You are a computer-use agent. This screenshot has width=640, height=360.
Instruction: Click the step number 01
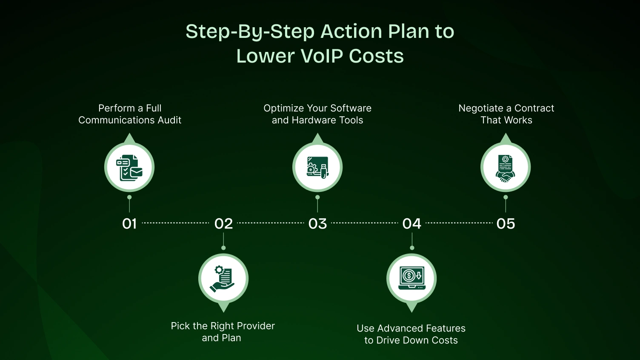(129, 223)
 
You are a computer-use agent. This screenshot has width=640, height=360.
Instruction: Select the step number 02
(223, 223)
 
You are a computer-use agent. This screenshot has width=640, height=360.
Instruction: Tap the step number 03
(317, 223)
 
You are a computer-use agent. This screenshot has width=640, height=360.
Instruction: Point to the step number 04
(411, 223)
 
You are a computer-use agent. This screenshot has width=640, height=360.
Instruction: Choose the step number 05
(506, 223)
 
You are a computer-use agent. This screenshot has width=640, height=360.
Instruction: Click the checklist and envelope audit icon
(129, 167)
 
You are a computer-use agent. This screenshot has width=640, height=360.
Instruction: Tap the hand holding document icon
(223, 279)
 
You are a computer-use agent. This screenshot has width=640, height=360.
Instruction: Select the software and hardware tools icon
(317, 167)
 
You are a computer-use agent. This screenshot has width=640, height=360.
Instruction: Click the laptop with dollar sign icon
(411, 279)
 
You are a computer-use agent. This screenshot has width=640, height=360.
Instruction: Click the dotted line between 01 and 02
(175, 223)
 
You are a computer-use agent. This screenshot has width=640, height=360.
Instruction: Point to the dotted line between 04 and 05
(459, 223)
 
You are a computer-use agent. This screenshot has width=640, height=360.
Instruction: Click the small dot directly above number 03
(317, 197)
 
